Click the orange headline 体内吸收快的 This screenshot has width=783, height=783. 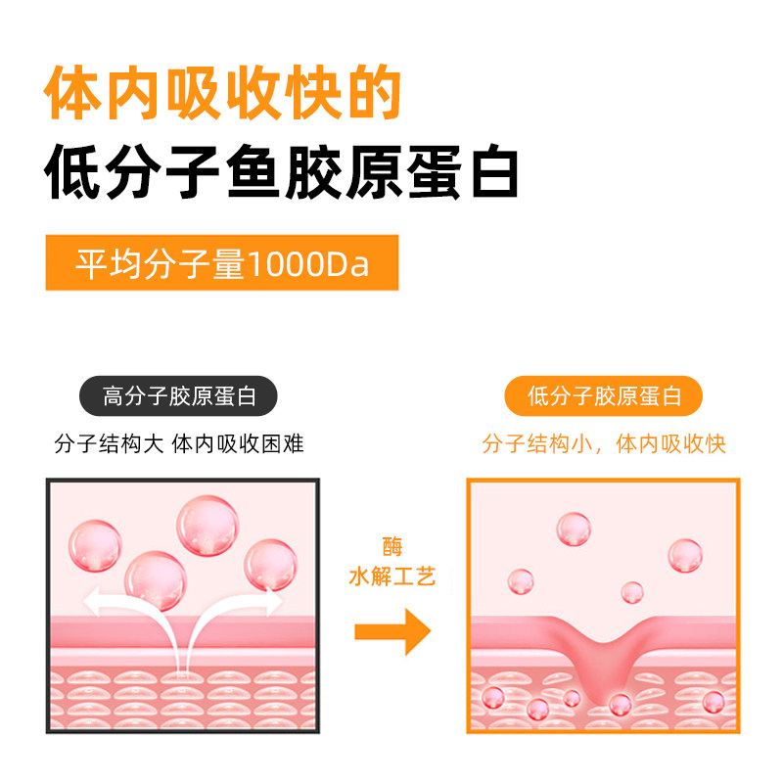(x=223, y=95)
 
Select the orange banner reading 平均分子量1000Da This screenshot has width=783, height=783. (x=222, y=262)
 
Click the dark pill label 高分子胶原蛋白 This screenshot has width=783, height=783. (x=179, y=396)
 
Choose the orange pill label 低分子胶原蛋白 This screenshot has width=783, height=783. (x=604, y=396)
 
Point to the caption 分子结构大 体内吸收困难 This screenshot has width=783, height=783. (x=179, y=443)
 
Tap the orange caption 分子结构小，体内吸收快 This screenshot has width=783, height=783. (x=604, y=443)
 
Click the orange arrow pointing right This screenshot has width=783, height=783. (x=391, y=631)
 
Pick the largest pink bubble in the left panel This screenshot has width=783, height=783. (x=207, y=527)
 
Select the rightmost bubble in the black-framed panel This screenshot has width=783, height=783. (x=270, y=564)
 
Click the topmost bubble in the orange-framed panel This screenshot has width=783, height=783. (x=574, y=530)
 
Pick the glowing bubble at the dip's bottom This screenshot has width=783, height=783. (x=620, y=702)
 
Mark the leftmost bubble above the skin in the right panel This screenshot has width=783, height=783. (x=521, y=582)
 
